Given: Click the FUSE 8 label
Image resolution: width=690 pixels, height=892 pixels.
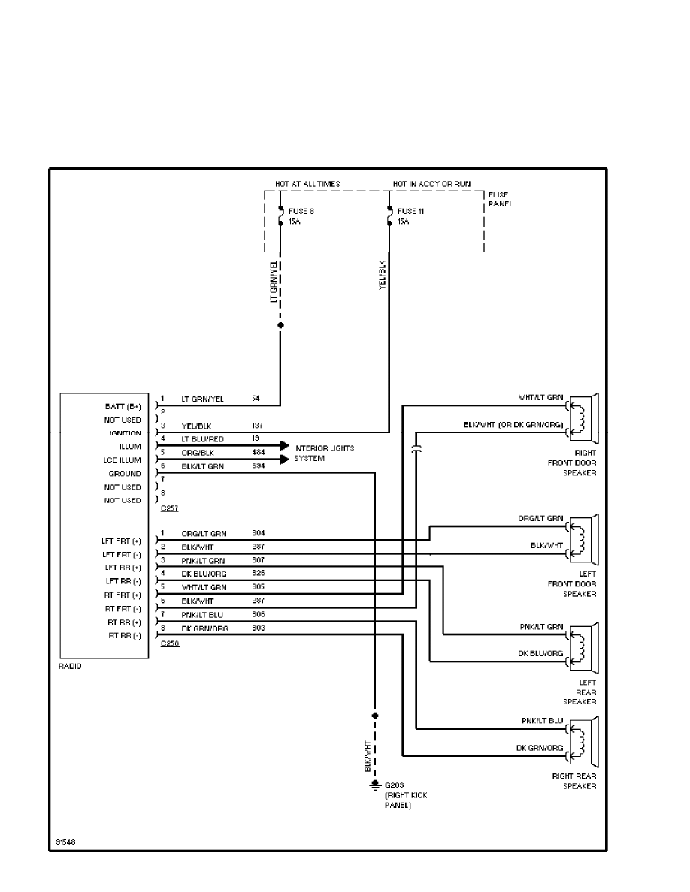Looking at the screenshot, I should click(x=301, y=211).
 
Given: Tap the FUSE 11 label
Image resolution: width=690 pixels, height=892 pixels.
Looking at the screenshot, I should click(x=410, y=211).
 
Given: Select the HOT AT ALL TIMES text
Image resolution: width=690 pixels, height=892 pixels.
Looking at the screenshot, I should click(x=308, y=183).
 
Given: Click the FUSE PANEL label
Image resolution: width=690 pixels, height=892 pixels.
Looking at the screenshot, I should click(x=500, y=200).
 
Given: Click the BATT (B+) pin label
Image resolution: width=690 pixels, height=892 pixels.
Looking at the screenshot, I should click(x=123, y=406).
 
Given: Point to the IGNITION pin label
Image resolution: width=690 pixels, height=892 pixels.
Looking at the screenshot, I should click(x=125, y=433).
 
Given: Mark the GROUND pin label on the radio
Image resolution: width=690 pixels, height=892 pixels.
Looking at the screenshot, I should click(x=124, y=474).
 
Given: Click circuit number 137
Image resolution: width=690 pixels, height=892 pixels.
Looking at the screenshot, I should click(x=258, y=425).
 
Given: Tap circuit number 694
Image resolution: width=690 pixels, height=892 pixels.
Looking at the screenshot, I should click(x=259, y=466).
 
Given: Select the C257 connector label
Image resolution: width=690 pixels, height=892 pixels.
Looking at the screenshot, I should click(x=170, y=508).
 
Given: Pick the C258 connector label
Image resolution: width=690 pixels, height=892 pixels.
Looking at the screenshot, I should click(x=170, y=643).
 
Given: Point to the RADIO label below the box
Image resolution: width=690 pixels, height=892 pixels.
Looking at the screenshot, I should click(x=70, y=666).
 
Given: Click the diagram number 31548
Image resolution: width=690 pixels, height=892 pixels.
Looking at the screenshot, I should click(x=65, y=841).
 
